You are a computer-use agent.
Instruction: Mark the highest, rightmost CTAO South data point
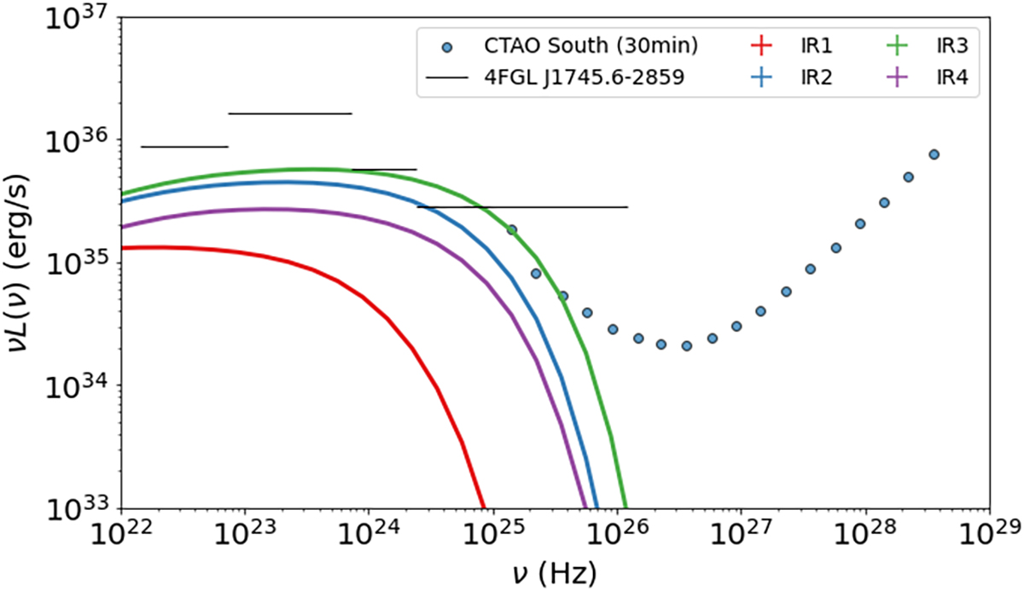coord(934,154)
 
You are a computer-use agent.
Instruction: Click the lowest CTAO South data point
coord(686,345)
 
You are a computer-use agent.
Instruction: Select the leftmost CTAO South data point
coord(511,229)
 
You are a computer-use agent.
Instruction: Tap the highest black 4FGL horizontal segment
coord(289,113)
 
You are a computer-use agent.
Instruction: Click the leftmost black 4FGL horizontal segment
coord(184,147)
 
